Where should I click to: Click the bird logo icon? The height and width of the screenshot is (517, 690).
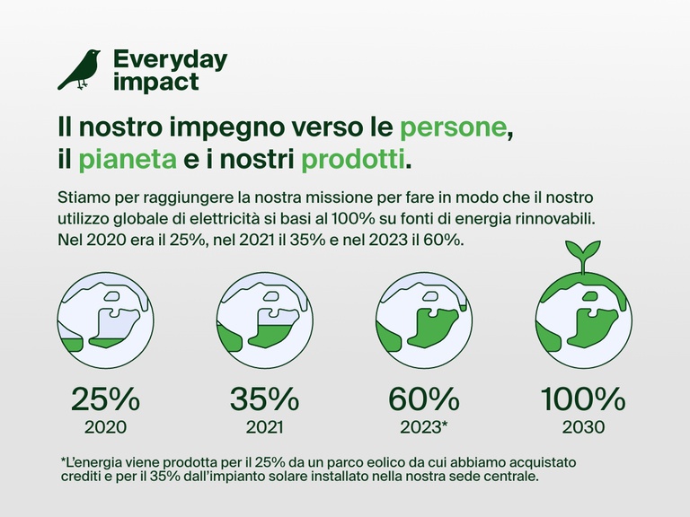tap(79, 70)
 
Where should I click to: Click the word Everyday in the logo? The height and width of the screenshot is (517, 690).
tap(170, 59)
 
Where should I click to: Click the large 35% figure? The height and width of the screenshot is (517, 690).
tap(264, 399)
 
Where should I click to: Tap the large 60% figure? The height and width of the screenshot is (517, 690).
tap(424, 399)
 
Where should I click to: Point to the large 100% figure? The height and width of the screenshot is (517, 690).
tap(582, 399)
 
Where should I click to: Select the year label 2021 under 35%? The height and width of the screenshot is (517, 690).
tap(264, 426)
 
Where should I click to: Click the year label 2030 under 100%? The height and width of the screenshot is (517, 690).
tap(582, 426)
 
